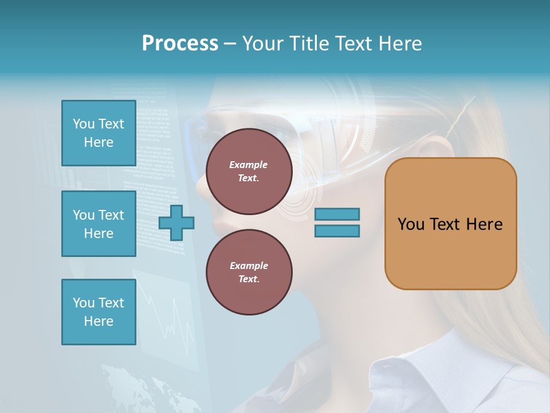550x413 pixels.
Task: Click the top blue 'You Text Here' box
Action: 99,133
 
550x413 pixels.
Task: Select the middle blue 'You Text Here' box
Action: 99,224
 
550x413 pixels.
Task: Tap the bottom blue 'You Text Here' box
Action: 99,312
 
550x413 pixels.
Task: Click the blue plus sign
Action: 176,223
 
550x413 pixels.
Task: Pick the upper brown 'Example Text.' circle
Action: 249,171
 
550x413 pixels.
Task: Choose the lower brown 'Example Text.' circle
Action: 249,272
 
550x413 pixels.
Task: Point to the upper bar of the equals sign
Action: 337,215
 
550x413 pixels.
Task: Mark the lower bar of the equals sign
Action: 337,231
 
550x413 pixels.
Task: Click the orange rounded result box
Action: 450,224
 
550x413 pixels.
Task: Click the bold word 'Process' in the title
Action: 180,44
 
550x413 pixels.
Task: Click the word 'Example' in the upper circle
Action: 249,165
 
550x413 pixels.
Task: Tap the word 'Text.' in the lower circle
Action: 249,279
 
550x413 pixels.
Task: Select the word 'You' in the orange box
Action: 411,224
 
